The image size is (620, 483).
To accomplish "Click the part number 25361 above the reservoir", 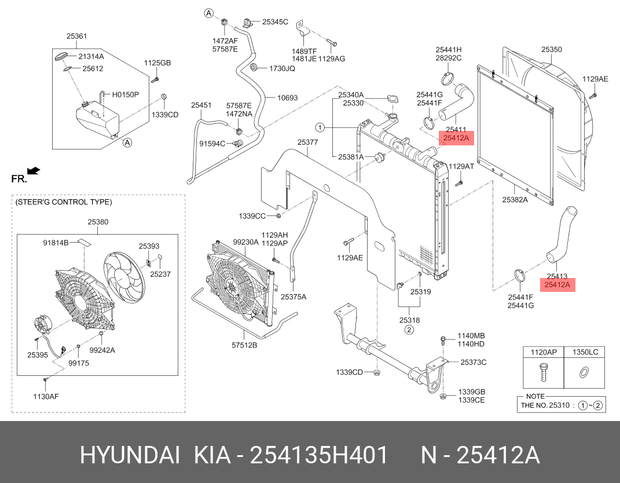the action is tap(76, 36).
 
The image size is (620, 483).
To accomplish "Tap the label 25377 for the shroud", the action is tap(308, 142).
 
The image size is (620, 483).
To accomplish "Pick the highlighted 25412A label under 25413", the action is tap(557, 285).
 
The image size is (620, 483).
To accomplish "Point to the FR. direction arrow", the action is tap(34, 170).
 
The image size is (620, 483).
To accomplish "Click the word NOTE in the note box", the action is tap(531, 396).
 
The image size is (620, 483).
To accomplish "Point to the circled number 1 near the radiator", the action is tap(320, 127).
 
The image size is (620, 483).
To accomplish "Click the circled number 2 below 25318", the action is tap(409, 330).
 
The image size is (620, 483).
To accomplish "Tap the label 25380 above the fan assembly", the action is tap(98, 221).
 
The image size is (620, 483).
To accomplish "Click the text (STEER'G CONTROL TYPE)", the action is tap(64, 202).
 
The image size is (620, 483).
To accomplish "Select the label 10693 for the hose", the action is tap(287, 98).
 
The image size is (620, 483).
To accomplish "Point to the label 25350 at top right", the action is tap(551, 50).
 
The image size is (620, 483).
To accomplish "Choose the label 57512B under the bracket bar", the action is tap(244, 345).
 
